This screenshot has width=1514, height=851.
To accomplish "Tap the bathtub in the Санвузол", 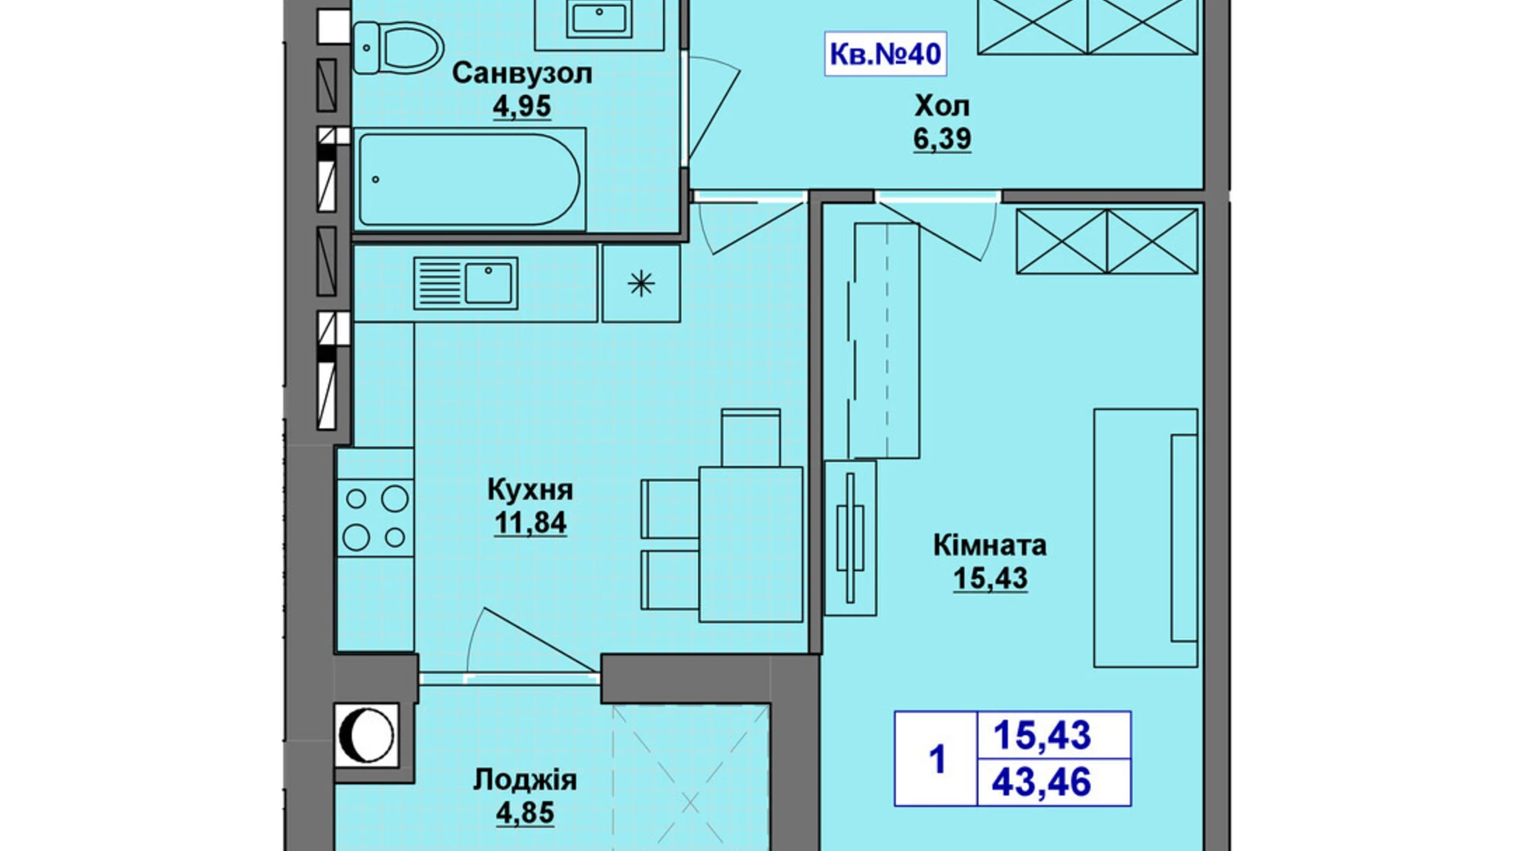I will pos(469,179).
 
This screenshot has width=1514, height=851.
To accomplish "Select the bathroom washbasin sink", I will pos(600,18).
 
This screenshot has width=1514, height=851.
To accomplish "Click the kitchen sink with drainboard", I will pos(465,283).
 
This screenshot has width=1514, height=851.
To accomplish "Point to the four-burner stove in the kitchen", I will pos(376,517).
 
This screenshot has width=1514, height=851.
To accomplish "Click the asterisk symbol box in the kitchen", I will pos(641,284).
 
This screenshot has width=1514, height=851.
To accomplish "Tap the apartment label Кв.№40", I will pos(885,54).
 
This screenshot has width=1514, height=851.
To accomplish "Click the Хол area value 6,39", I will pos(942,139).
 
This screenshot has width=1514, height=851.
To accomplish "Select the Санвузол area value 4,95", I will pos(521,106).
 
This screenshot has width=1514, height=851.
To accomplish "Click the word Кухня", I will pos(529,490).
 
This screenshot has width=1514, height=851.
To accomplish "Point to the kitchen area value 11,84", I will pos(529,523).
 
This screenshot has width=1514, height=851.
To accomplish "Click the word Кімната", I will pos(989,545).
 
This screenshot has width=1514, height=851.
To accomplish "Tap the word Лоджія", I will pos(525,780).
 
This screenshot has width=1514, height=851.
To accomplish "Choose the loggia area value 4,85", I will pos(525,813).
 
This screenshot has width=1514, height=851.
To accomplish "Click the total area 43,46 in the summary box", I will pos(1041,783).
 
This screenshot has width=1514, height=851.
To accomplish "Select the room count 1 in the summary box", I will pos(937,759).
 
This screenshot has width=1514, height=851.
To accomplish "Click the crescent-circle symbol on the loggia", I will pos(366,735).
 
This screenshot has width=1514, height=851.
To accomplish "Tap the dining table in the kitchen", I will pos(750,544).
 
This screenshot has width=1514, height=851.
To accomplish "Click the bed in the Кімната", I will pos(1146,538).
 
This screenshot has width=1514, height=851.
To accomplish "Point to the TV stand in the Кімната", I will pos(850,538).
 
